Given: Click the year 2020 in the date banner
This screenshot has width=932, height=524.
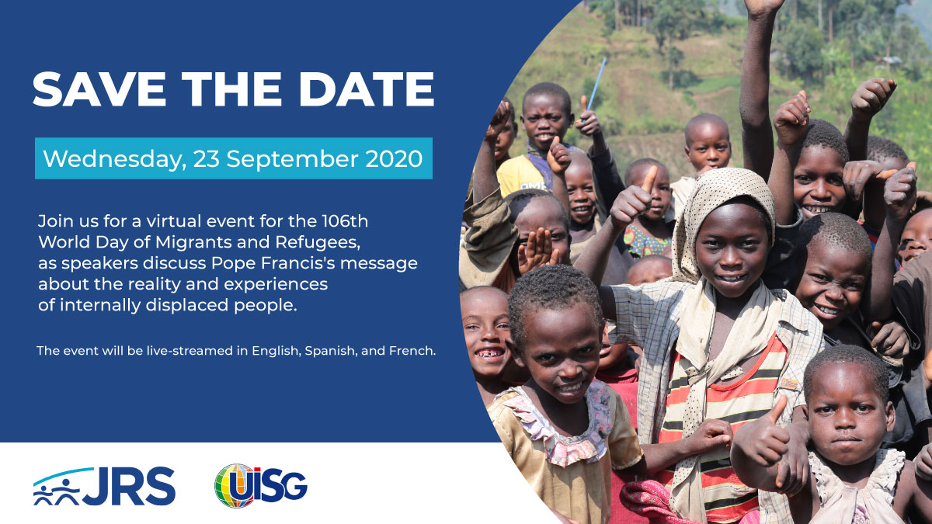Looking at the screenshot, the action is (x=394, y=159).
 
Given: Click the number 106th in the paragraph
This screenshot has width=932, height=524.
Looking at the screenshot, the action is (x=345, y=221).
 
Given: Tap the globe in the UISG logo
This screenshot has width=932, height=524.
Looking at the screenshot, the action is (x=235, y=485).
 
